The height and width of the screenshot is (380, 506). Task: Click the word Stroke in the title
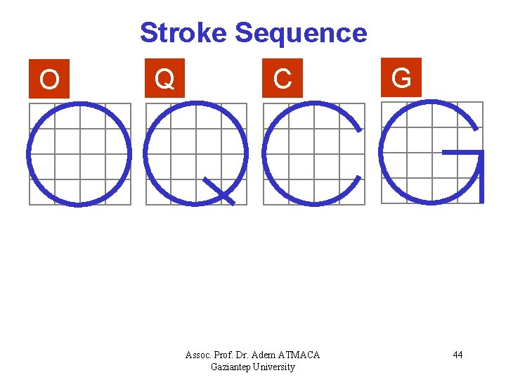(183, 33)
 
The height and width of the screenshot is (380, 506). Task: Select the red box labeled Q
(164, 78)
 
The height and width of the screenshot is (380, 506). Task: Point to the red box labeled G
(401, 77)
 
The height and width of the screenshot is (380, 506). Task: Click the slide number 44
(458, 355)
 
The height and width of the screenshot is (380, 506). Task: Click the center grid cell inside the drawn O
(79, 154)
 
